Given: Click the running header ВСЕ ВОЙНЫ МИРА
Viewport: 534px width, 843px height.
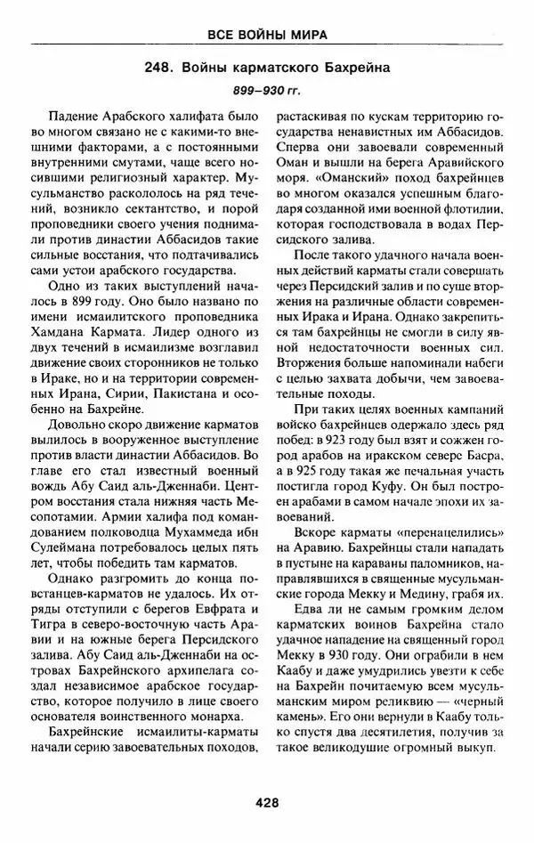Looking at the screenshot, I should (267, 35).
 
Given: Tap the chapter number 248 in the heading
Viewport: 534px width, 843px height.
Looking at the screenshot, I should (161, 69).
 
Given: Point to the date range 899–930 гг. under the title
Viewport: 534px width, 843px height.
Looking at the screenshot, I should (266, 93).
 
